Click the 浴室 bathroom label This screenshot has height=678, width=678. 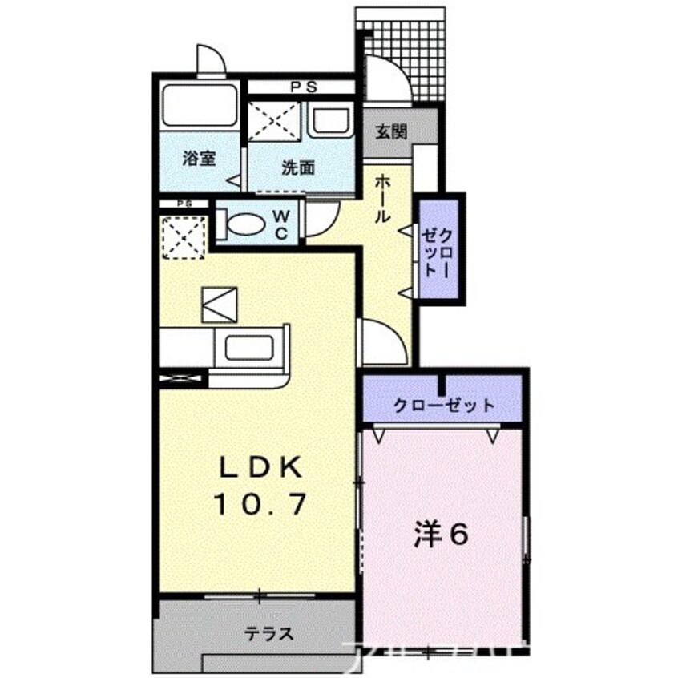198,159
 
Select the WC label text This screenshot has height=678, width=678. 284,223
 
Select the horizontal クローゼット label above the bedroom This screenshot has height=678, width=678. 444,406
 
